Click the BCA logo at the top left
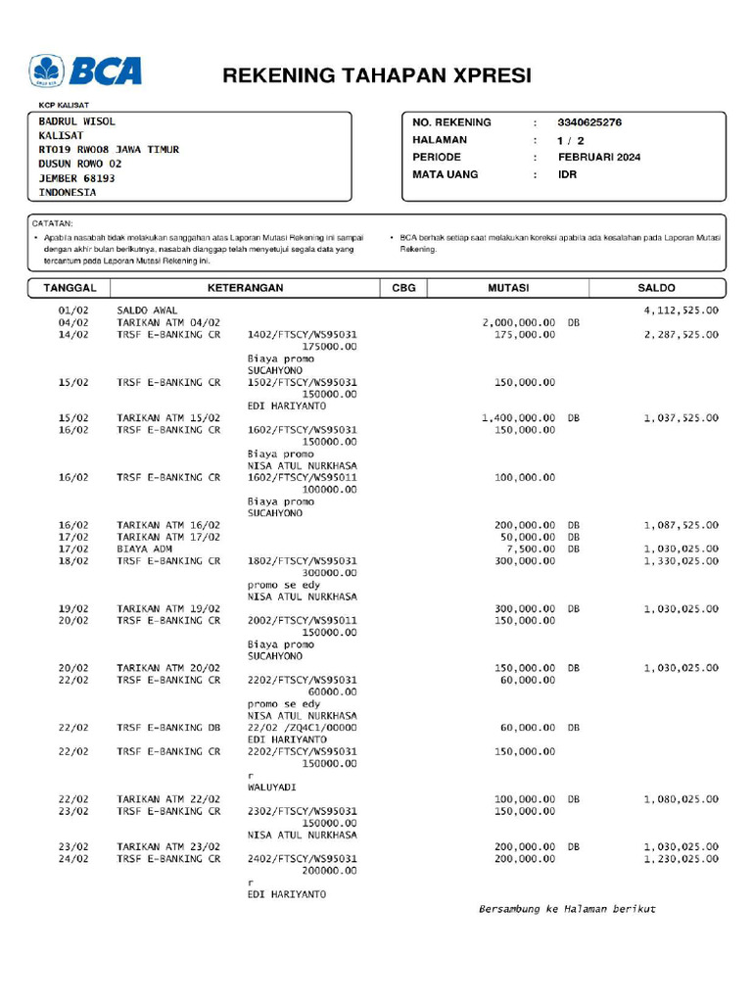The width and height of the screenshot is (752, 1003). [86, 72]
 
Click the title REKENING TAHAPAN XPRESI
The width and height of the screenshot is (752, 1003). [377, 75]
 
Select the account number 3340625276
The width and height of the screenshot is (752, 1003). [589, 122]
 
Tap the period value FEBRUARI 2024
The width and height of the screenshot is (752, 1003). [599, 157]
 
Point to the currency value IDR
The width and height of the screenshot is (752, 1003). [568, 174]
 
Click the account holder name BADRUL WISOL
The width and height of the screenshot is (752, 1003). [77, 121]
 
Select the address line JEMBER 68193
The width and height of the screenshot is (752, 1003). [77, 178]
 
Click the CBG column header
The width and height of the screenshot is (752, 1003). [403, 288]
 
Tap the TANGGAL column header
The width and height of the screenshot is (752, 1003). [70, 288]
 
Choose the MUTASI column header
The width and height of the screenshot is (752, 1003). [508, 288]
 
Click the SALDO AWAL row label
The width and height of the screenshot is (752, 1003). [148, 310]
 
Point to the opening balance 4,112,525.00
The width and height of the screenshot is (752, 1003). [681, 310]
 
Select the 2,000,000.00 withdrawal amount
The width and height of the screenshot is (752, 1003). [519, 322]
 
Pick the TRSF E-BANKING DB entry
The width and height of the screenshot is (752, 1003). [168, 728]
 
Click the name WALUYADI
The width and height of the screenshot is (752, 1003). [271, 788]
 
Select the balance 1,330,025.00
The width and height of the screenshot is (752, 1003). [681, 560]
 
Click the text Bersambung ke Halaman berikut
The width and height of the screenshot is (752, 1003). [567, 909]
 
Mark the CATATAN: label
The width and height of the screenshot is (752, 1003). [54, 223]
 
